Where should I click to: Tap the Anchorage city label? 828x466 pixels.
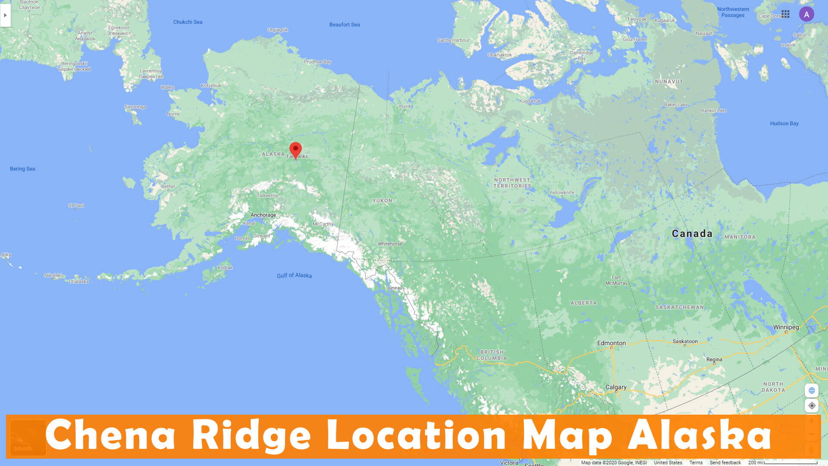click(x=263, y=215)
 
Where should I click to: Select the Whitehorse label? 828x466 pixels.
click(x=390, y=244)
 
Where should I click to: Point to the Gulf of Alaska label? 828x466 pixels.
click(x=294, y=275)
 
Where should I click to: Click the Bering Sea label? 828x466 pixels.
click(x=22, y=169)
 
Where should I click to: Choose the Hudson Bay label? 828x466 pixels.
click(x=784, y=123)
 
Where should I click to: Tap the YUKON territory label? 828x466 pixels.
click(x=382, y=201)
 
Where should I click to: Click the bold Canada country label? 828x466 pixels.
click(x=692, y=234)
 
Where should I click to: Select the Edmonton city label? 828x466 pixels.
click(x=611, y=343)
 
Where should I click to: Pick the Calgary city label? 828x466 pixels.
click(x=616, y=387)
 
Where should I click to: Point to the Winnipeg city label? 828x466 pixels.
click(x=786, y=327)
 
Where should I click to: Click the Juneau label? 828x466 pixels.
click(x=394, y=288)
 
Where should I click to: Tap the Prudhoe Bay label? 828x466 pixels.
click(x=317, y=62)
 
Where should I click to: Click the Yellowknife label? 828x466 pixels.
click(x=561, y=192)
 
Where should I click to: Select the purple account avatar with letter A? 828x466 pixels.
click(x=806, y=14)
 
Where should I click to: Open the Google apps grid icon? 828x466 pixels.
click(x=785, y=14)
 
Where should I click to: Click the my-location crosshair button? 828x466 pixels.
click(x=812, y=406)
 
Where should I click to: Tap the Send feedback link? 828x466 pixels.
click(x=725, y=463)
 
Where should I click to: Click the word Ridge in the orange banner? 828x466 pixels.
click(x=251, y=436)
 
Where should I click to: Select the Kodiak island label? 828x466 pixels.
click(x=225, y=268)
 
